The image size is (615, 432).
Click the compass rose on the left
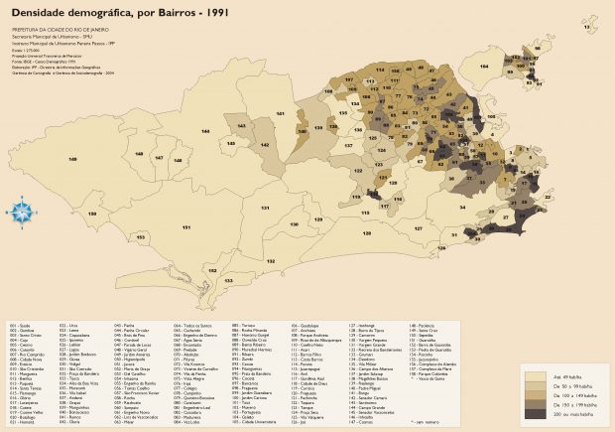click(20, 211)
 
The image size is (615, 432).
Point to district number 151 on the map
click(186, 227)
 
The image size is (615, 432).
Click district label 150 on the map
click(92, 214)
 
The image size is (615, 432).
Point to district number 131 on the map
click(266, 209)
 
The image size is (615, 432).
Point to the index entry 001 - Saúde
click(21, 325)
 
